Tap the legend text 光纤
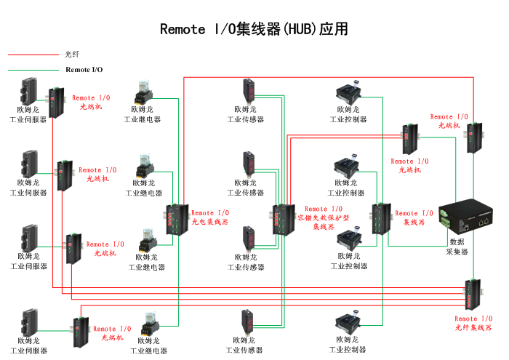coord(71,54)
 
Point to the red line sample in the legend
coord(33,54)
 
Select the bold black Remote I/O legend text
coord(84,70)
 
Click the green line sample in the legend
coord(33,70)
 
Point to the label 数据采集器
coord(457,247)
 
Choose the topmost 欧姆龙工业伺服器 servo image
coord(29,92)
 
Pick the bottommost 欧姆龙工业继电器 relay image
coord(148,321)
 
